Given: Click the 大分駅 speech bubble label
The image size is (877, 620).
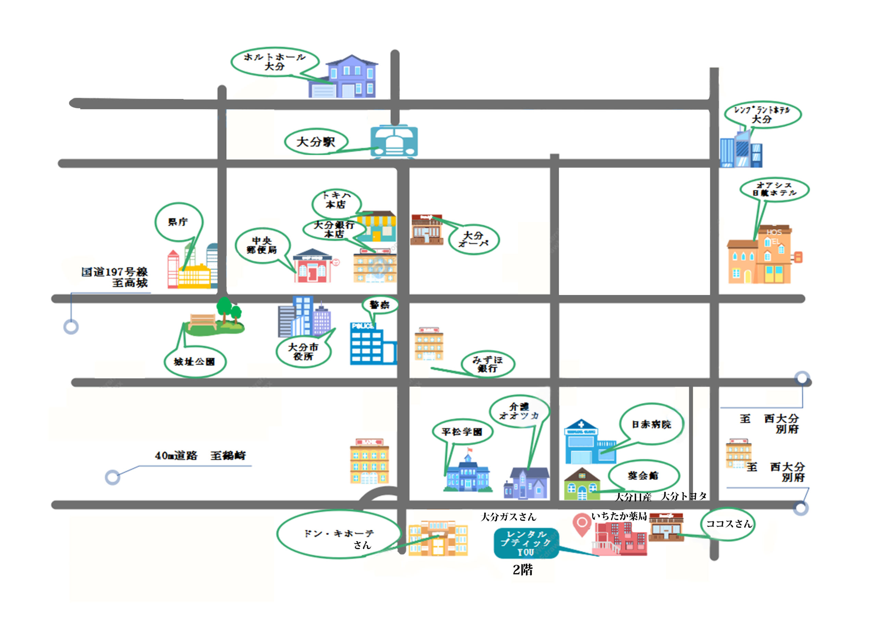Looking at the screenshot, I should tap(316, 142).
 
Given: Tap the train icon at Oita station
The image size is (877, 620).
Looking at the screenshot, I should tap(394, 142).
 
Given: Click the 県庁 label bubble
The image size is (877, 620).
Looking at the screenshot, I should tap(179, 222).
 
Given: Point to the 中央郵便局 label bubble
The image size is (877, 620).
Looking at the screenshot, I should tap(262, 245).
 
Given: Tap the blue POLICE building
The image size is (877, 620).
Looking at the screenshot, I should tap(371, 344).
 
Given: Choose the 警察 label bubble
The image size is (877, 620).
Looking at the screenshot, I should tap(380, 305).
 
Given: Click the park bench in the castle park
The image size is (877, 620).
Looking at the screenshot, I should tap(203, 321).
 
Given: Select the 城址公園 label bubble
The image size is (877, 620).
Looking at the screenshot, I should tap(195, 361).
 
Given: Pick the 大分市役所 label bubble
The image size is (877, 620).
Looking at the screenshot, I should tap(303, 351).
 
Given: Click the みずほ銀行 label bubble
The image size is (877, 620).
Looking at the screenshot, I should tap(488, 364).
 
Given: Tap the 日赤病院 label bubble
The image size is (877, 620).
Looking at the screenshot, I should tap(651, 424).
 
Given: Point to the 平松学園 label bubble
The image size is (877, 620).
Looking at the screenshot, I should tap(462, 432).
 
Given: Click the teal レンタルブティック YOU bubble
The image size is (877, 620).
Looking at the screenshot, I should tap(526, 543).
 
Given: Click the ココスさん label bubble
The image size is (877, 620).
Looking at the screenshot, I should tap(728, 524).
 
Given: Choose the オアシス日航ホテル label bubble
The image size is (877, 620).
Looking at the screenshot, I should tap(774, 189).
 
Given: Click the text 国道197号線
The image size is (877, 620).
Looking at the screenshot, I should tap(114, 272).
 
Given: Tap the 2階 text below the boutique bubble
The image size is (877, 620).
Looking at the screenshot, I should tap(522, 570).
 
